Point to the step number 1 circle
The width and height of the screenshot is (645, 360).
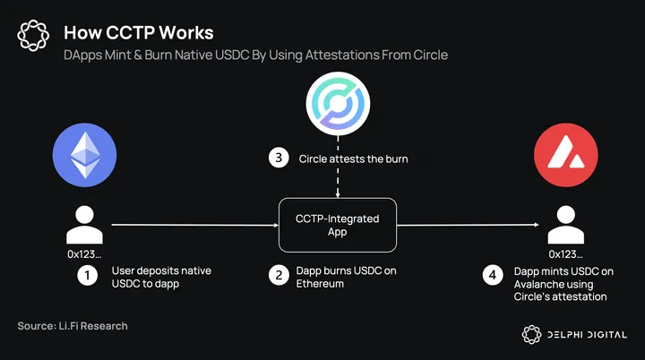click(87, 276)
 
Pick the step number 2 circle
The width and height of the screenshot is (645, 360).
click(280, 276)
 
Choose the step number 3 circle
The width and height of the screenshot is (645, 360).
click(280, 159)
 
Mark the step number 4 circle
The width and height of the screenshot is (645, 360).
click(491, 276)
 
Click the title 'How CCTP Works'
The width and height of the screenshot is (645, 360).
click(138, 33)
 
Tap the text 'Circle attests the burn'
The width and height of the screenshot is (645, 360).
click(354, 159)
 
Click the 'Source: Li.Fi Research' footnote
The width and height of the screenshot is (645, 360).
click(73, 326)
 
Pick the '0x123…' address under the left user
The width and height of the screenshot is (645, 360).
click(85, 254)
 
